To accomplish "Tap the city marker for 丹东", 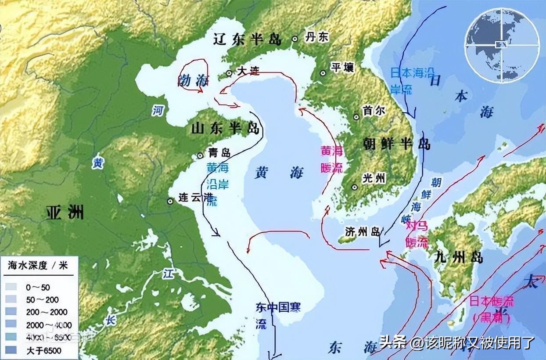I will click(x=295, y=39).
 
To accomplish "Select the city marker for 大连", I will click(x=229, y=73).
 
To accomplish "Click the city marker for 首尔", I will click(x=356, y=117).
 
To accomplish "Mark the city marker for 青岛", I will click(x=200, y=155).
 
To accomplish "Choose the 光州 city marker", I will click(x=355, y=187).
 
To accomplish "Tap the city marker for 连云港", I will click(x=170, y=201).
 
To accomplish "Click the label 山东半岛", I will click(x=225, y=128).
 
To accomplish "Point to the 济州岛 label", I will click(x=362, y=232).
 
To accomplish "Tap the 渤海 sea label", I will click(x=194, y=80).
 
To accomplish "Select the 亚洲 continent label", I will click(x=65, y=213).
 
